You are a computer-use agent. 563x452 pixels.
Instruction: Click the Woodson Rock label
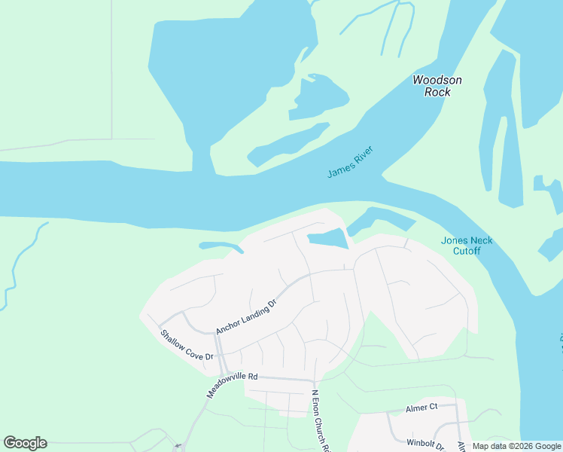437,86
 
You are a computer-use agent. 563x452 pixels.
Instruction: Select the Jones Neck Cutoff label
467,246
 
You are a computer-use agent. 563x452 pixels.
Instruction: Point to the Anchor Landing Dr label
247,316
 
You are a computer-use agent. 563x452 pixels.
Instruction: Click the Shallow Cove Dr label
187,344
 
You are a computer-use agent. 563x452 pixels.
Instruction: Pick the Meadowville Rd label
233,383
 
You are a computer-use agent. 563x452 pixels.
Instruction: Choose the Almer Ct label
421,407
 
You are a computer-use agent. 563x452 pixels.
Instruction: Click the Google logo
25,443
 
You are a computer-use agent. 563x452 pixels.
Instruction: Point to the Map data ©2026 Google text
516,446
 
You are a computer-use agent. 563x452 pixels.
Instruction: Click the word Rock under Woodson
437,92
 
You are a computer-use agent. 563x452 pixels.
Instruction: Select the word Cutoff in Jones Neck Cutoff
467,251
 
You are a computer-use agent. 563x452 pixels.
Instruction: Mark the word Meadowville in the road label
227,386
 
